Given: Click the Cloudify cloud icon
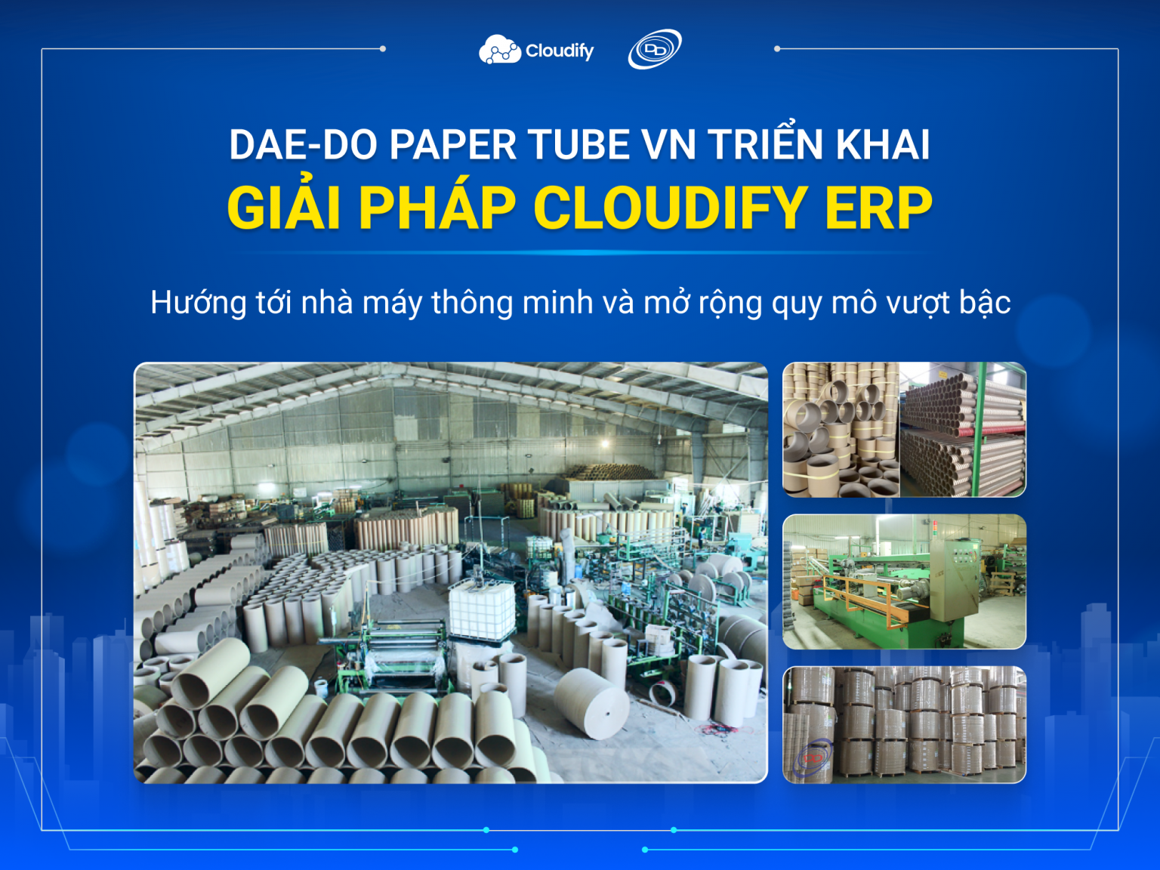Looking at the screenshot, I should (499, 50).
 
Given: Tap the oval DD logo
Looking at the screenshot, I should (654, 50).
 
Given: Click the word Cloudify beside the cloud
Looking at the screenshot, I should (560, 51).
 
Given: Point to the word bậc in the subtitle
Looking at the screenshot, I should (985, 303).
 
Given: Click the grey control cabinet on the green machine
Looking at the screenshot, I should (956, 573).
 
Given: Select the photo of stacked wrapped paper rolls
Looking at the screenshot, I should (904, 724).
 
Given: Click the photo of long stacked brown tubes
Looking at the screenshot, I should (963, 430).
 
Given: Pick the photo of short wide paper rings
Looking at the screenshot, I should (841, 430).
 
